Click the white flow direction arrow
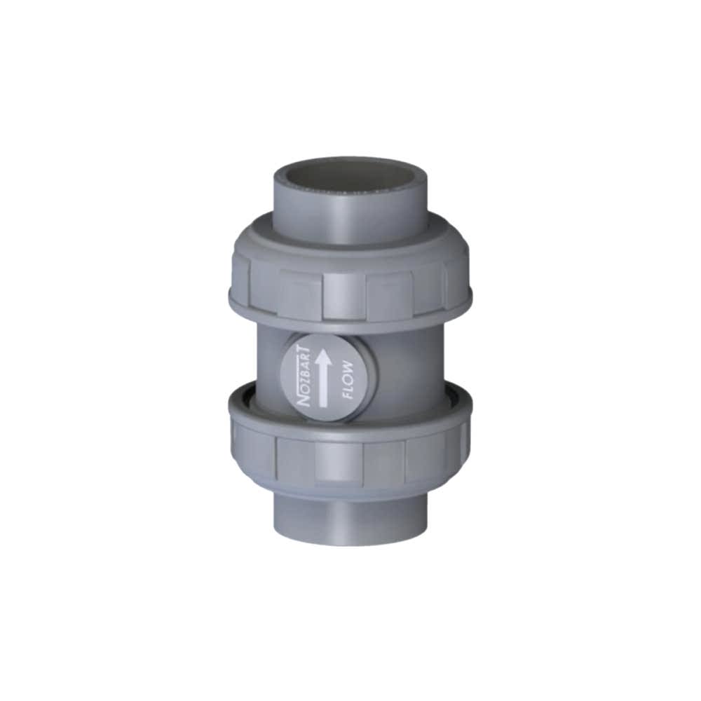323,379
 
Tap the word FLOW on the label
348,379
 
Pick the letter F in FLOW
347,395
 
